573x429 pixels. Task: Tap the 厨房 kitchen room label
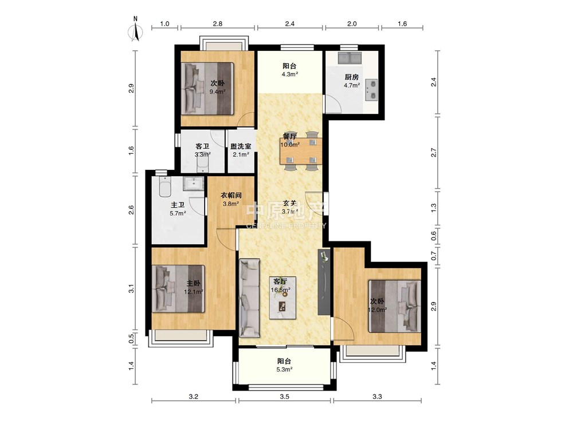coord(352,77)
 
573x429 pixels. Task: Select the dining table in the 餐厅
coord(301,151)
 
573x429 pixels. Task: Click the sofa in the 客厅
coord(250,298)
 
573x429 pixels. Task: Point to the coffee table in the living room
coord(283,297)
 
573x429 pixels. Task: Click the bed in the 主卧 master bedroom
coord(179,288)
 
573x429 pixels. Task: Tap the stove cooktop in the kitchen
coord(372,90)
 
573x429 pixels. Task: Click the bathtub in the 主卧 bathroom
coord(165,188)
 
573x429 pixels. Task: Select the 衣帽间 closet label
coord(231,195)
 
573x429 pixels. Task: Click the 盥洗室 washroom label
coord(241,146)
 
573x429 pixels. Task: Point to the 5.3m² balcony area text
coord(284,369)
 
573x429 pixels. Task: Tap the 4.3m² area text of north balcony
coord(290,74)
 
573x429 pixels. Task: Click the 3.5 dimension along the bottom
coord(285,396)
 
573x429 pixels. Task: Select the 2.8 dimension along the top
coord(218,23)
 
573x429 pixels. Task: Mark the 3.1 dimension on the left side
coord(132,289)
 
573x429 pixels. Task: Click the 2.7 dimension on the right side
coord(434,153)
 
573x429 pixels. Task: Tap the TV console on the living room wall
coord(324,282)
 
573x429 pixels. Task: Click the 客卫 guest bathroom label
coord(202,146)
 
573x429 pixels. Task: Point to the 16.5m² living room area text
coord(281,290)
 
